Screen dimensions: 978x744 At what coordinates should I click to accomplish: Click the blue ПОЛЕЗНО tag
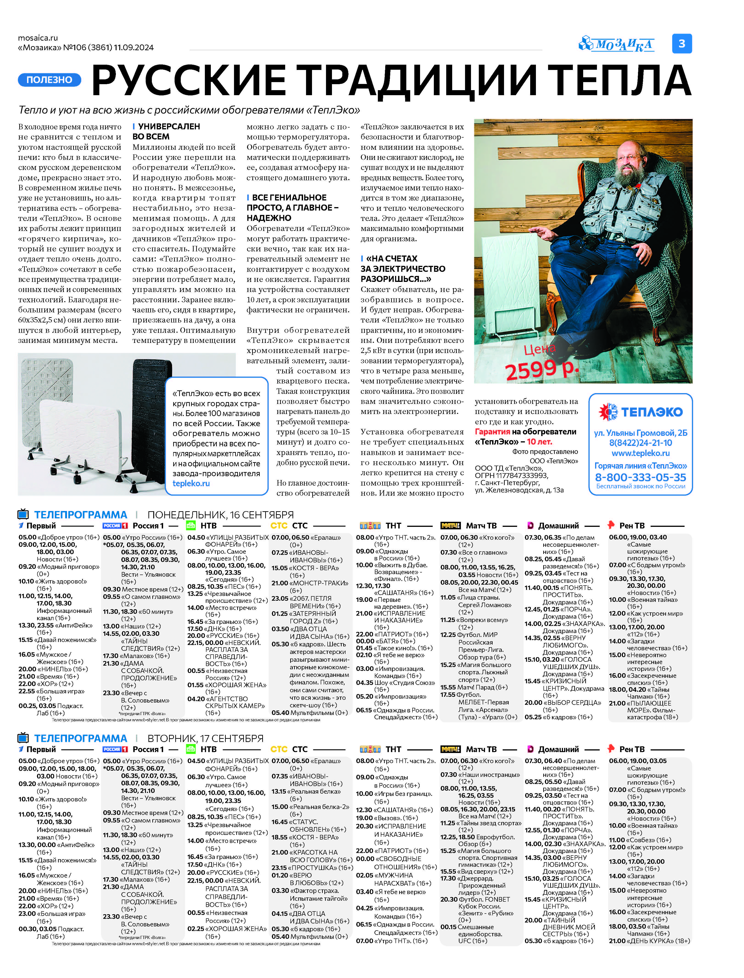pyautogui.click(x=49, y=80)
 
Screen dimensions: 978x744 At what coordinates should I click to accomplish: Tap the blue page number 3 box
pyautogui.click(x=682, y=43)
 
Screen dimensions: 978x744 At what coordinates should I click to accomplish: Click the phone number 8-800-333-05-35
pyautogui.click(x=640, y=477)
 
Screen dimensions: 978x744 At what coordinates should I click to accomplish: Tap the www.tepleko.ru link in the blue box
pyautogui.click(x=640, y=453)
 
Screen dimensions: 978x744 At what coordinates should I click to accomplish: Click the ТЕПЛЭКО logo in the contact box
pyautogui.click(x=640, y=412)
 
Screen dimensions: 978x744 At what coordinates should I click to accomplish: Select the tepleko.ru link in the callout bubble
pyautogui.click(x=191, y=483)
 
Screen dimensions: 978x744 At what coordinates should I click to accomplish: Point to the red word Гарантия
pyautogui.click(x=492, y=432)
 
